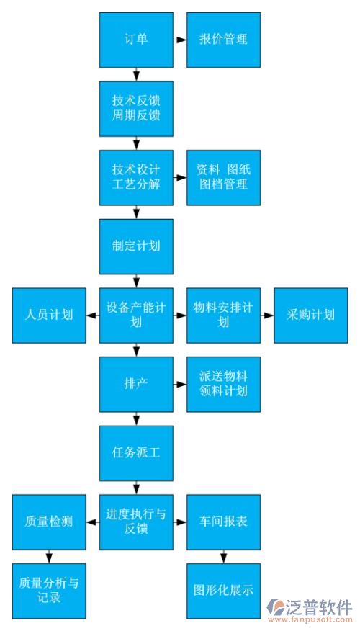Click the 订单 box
(x=136, y=40)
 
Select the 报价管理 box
(x=223, y=40)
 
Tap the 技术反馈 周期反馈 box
(x=136, y=108)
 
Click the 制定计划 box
(x=136, y=246)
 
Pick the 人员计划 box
(x=49, y=315)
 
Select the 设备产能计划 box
(x=136, y=315)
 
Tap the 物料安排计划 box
(x=223, y=315)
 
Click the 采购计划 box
(x=310, y=315)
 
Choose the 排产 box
(x=136, y=384)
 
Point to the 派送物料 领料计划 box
(x=223, y=384)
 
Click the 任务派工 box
(x=136, y=452)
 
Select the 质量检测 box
(x=49, y=522)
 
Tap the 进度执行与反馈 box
(x=136, y=522)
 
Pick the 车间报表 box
(x=223, y=522)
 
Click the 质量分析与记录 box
(x=49, y=590)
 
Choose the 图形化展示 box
(x=223, y=590)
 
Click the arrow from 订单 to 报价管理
(x=179, y=40)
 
